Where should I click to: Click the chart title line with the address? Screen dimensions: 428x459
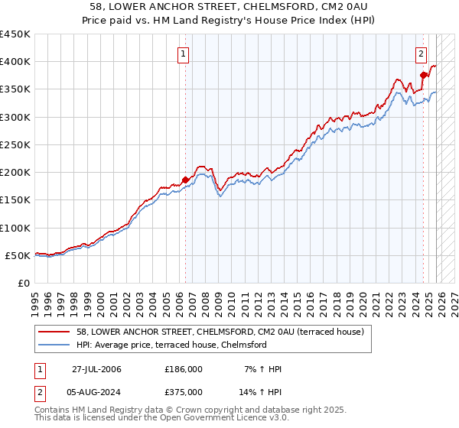(229, 7)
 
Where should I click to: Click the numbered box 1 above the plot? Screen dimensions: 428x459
(184, 53)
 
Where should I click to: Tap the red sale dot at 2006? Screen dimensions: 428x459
(185, 180)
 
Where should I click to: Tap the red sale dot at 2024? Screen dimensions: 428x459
(423, 75)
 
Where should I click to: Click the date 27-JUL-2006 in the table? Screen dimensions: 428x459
(96, 369)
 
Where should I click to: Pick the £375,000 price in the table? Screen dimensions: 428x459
(184, 391)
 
